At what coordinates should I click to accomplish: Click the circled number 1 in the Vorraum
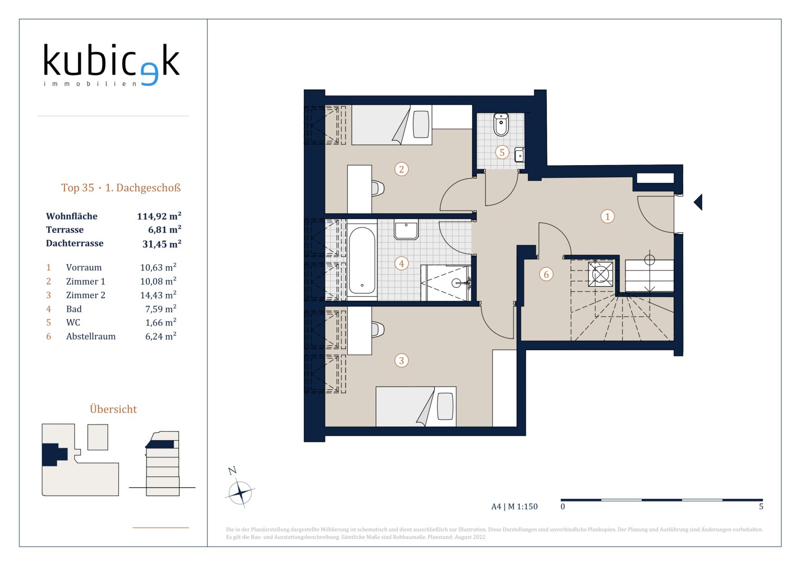click(x=608, y=216)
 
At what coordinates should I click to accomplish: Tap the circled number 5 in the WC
click(x=502, y=152)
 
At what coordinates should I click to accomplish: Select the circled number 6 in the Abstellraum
click(x=546, y=275)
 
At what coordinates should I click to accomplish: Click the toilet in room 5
click(x=501, y=124)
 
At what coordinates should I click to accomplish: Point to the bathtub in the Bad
click(x=362, y=260)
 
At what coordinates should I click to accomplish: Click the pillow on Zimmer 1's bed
click(x=421, y=124)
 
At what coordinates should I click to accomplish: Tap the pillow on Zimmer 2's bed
click(x=445, y=406)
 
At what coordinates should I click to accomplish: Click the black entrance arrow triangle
click(x=698, y=202)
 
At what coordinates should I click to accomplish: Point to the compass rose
click(x=240, y=493)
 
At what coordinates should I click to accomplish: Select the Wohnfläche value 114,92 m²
click(x=159, y=216)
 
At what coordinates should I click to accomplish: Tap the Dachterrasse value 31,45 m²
click(x=162, y=244)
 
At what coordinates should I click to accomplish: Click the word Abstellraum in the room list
click(x=91, y=336)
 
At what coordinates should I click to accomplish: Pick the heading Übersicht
click(x=113, y=409)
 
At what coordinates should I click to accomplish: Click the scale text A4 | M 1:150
click(x=514, y=506)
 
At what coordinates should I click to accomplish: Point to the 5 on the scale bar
click(x=761, y=506)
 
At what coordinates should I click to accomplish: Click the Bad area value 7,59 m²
click(x=161, y=309)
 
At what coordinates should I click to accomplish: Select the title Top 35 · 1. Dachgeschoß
click(x=121, y=188)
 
